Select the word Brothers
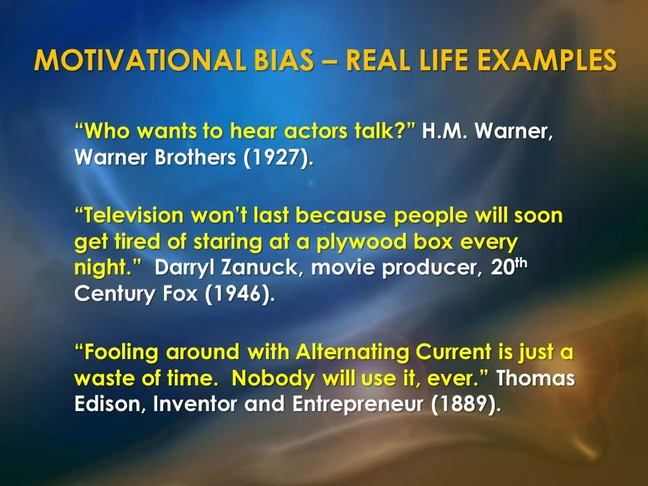pyautogui.click(x=183, y=159)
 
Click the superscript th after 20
pyautogui.click(x=520, y=262)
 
